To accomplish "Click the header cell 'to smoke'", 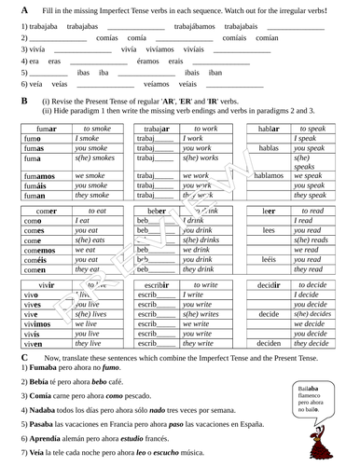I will tap(96, 128).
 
